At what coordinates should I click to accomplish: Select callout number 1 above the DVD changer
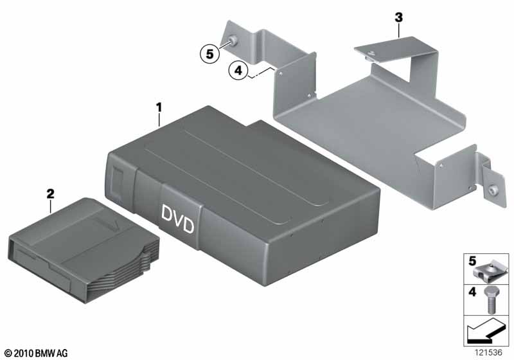pos(159,107)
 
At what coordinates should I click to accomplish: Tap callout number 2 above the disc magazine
pos(50,194)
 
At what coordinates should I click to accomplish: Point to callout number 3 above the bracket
pos(398,17)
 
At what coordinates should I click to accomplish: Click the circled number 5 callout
pos(210,54)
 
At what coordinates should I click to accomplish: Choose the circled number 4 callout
pos(238,70)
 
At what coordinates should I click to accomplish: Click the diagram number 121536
pos(488,352)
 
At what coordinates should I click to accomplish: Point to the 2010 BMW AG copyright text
pos(37,354)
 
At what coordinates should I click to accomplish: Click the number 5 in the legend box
pos(472,261)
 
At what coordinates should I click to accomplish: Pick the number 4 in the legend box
pos(472,291)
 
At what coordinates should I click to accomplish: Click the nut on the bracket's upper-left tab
pos(233,40)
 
